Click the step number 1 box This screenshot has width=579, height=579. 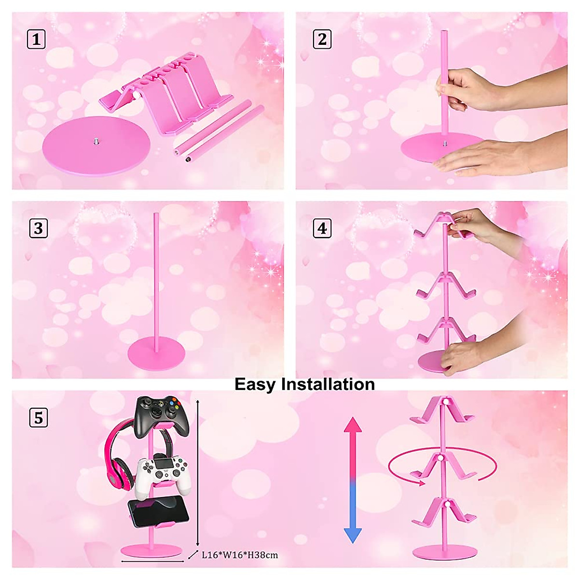[x=36, y=39]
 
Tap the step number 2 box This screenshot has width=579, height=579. [x=322, y=39]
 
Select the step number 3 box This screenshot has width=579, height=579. [x=38, y=228]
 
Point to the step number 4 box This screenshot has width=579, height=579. [x=322, y=228]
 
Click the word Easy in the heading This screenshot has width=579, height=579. [x=255, y=384]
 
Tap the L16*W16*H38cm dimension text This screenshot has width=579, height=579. [x=239, y=555]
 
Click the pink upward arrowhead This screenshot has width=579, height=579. [x=353, y=425]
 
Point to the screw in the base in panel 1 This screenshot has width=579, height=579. [x=95, y=141]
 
